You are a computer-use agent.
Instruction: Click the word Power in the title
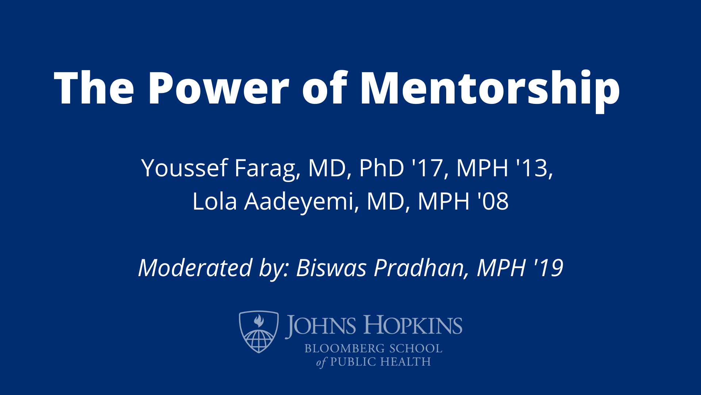(218, 89)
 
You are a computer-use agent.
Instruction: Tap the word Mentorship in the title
(490, 89)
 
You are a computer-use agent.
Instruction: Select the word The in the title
(94, 89)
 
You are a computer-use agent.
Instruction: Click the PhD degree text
(382, 168)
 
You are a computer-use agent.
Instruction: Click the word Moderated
(195, 268)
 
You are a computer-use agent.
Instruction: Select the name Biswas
(331, 268)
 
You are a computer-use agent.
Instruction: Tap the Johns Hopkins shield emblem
(258, 331)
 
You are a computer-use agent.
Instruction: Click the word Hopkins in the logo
(413, 326)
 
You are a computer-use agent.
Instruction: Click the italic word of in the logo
(321, 362)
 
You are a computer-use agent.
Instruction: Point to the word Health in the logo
(405, 362)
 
